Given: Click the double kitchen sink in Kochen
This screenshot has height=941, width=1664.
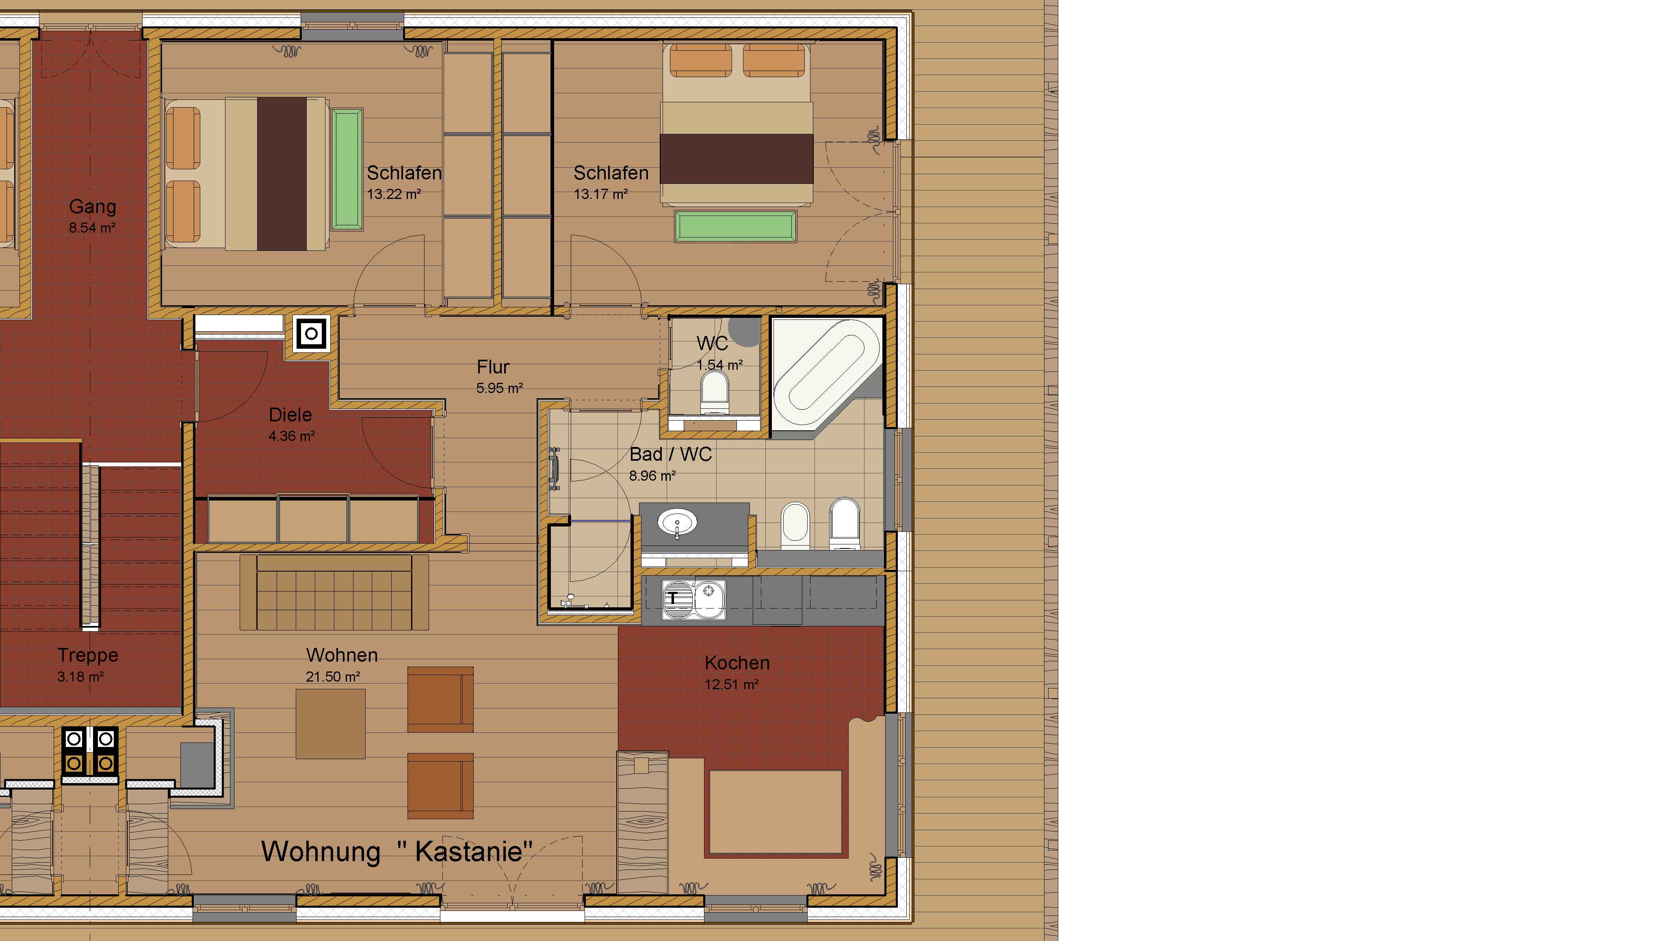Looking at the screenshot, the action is (693, 599).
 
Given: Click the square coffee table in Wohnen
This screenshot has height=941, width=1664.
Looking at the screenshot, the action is (330, 723).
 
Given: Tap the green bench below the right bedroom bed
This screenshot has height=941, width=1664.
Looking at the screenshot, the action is (735, 226).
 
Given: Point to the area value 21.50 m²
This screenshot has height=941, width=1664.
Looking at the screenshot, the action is (332, 676).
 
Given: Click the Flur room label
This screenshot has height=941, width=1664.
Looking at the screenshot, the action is (493, 367).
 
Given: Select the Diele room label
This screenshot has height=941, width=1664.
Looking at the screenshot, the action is (290, 415).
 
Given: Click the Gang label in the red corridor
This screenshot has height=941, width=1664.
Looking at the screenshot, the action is (93, 207).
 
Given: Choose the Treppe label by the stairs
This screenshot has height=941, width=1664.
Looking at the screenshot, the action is (88, 655).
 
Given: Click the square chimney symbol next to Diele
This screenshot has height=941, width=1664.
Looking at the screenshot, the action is (312, 333).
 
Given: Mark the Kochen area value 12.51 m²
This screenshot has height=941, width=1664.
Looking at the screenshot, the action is (731, 684).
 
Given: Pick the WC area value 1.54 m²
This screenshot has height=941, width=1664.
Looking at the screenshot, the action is (719, 365).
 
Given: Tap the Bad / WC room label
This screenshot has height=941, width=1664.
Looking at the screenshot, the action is (671, 454).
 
